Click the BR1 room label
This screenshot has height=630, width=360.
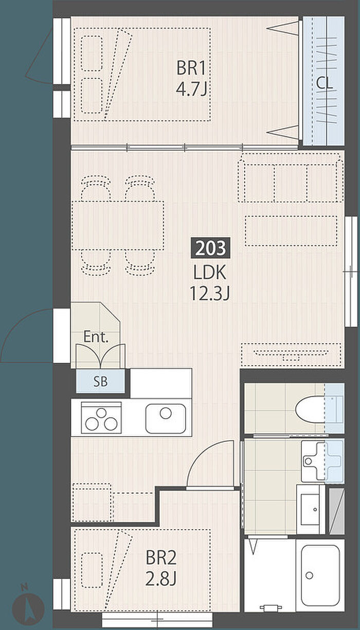tap(191, 68)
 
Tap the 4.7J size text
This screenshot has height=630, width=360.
tap(191, 89)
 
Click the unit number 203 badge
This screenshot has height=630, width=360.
tap(210, 248)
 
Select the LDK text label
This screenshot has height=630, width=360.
tap(210, 272)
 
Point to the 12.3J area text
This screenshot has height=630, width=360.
tap(210, 293)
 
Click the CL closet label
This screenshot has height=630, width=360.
tap(325, 83)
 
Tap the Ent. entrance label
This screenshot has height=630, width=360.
tap(96, 337)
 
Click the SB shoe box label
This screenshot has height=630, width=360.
tap(100, 382)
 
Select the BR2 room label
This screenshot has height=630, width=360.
tap(161, 558)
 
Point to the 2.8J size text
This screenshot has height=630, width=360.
tap(161, 579)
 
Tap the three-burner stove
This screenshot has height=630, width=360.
tap(101, 418)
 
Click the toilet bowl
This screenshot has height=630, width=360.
tap(311, 409)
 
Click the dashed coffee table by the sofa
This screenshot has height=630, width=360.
tap(291, 230)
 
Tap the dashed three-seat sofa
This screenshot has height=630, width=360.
tap(291, 178)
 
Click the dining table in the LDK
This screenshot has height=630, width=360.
tap(118, 225)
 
